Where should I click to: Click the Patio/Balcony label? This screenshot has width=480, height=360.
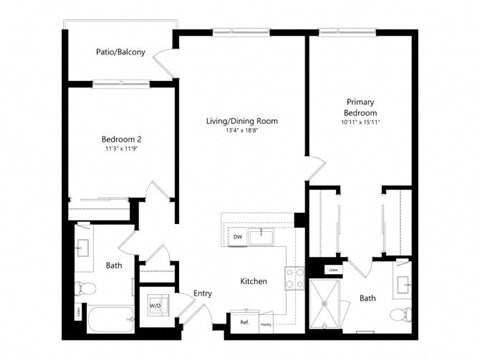[118, 52]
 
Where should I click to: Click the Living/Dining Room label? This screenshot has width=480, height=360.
[242, 121]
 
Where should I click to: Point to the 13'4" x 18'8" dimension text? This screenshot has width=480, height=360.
[242, 130]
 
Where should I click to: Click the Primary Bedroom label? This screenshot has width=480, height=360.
[360, 108]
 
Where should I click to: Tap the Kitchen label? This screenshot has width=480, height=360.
[254, 282]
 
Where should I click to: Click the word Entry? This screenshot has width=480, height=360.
[203, 293]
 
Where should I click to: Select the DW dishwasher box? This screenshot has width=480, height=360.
[238, 236]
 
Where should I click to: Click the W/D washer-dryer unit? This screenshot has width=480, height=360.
[156, 305]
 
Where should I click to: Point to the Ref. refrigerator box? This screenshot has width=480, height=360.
[244, 323]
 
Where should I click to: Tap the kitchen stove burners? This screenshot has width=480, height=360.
[294, 276]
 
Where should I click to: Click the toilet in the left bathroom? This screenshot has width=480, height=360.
[86, 290]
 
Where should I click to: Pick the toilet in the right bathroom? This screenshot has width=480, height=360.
[400, 314]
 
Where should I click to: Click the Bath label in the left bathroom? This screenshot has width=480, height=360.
[115, 266]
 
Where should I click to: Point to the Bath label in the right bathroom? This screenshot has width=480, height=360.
[368, 298]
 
